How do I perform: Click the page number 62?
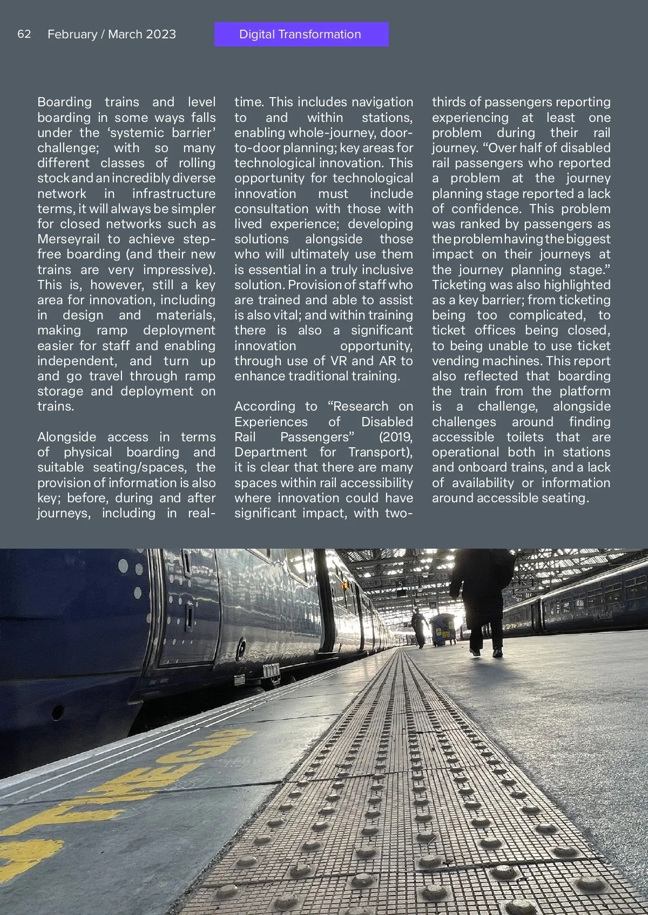click(x=24, y=34)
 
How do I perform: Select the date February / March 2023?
click(x=112, y=34)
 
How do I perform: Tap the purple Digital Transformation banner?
click(x=301, y=34)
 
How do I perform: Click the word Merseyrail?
click(x=69, y=239)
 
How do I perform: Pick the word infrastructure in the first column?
click(x=173, y=194)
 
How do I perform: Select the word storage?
click(x=60, y=391)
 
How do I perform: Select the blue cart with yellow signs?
click(x=444, y=629)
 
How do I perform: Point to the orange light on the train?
click(x=345, y=585)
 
